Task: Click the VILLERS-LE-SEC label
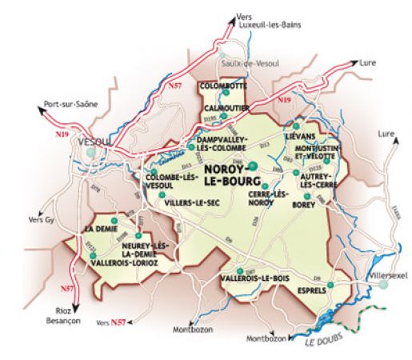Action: pos(191,204)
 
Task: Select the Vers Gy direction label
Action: pos(40,219)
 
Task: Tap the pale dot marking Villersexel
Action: pos(383,284)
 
